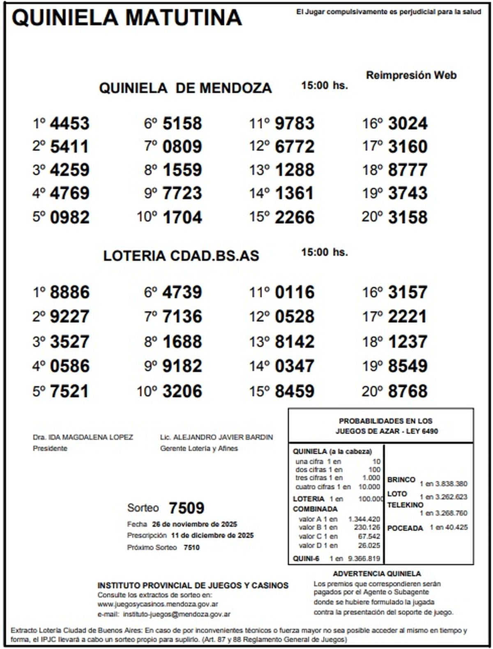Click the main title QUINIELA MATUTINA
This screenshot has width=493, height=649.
(x=127, y=17)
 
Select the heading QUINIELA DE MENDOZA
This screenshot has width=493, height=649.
(x=185, y=88)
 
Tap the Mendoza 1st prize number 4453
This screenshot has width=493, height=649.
(x=69, y=124)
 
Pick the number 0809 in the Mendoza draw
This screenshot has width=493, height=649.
(x=182, y=147)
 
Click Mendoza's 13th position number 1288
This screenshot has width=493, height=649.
(x=294, y=170)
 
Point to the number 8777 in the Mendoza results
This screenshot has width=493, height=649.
(x=408, y=170)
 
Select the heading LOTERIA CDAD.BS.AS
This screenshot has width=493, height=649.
(x=181, y=256)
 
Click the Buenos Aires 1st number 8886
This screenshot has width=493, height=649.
(x=69, y=293)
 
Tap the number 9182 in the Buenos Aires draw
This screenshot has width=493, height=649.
(x=182, y=366)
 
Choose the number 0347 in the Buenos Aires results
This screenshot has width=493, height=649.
(x=294, y=366)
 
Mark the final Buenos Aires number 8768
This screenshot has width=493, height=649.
(x=408, y=391)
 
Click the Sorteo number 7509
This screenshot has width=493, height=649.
(x=187, y=508)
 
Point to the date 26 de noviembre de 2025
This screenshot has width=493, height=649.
(x=194, y=524)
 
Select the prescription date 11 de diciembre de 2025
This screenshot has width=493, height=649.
(x=212, y=536)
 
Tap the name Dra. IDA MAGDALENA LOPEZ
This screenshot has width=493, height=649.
(x=83, y=437)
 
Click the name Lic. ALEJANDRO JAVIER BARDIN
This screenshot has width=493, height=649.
(x=217, y=437)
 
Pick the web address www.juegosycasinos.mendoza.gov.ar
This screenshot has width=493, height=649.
(x=158, y=604)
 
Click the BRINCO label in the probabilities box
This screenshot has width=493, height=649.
(x=401, y=480)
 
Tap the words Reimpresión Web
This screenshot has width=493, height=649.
(x=411, y=75)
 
